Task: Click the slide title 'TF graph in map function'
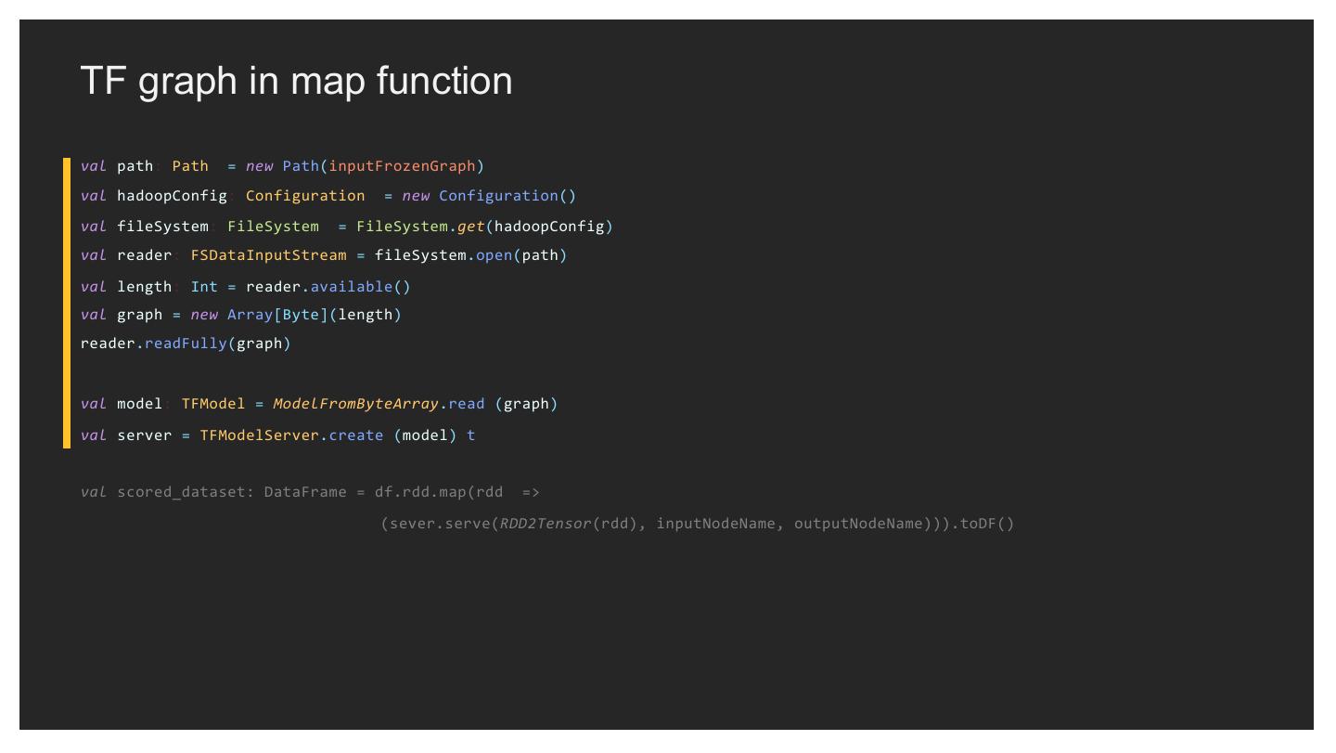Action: [296, 81]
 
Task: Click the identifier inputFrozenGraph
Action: [402, 166]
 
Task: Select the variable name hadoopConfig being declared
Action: [172, 196]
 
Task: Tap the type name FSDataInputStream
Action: [268, 255]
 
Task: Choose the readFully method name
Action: [186, 344]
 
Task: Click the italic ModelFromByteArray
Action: [355, 404]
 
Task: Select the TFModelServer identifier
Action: [259, 435]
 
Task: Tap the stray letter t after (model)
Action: [470, 435]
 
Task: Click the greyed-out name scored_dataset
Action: [181, 492]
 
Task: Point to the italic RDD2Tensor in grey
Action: [546, 524]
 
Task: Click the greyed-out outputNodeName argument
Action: [858, 524]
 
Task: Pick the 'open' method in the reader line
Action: [494, 255]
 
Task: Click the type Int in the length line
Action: [204, 287]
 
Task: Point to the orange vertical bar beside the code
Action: [67, 303]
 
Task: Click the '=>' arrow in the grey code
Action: [531, 492]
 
